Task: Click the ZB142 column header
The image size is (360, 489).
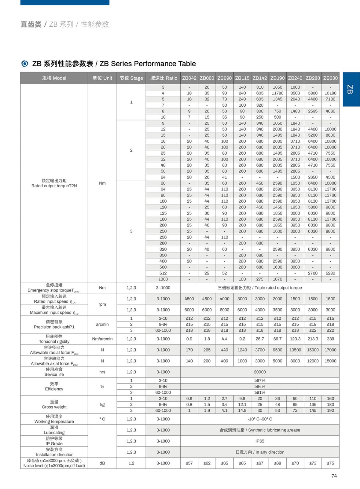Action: pos(260,78)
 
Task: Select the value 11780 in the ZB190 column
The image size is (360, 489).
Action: pos(277,93)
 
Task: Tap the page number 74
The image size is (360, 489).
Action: pos(334,476)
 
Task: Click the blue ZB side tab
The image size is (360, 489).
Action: pos(351,89)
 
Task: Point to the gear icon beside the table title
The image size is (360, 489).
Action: pos(25,64)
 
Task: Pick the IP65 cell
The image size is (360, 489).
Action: pos(260,441)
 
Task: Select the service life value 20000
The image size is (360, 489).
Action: pos(260,372)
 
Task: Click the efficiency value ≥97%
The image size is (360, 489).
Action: pos(260,381)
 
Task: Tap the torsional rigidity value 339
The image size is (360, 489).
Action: pos(330,339)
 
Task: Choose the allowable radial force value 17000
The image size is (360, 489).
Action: pos(330,350)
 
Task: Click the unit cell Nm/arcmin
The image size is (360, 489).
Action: pos(102,339)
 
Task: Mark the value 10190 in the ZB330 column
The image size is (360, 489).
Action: pos(330,93)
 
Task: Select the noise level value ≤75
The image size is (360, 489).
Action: pos(330,463)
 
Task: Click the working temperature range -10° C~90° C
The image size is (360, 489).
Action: pos(260,419)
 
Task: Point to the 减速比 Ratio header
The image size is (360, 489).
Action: pos(163,78)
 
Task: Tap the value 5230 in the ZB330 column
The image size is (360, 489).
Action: pos(330,273)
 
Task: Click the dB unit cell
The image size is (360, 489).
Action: pos(102,463)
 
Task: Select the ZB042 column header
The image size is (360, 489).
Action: pos(189,78)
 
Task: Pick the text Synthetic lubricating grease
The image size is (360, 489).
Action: pos(274,430)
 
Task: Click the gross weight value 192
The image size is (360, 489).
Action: pos(330,410)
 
